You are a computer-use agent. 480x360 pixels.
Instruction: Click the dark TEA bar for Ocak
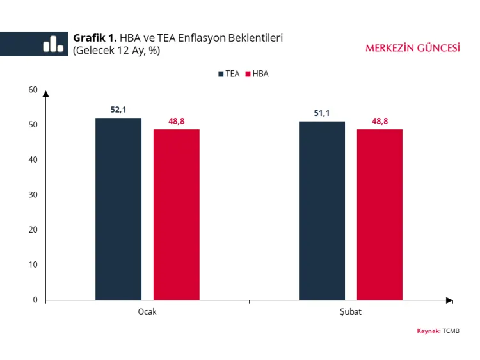(118, 209)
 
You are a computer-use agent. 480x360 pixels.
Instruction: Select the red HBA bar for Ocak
(176, 215)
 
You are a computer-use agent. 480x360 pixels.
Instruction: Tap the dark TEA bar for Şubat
(322, 211)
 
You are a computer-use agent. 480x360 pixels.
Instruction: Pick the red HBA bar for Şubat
(380, 215)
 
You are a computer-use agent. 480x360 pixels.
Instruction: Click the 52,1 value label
(118, 110)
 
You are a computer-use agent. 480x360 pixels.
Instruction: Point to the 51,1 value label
(322, 113)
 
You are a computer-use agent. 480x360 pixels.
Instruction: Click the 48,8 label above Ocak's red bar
(177, 121)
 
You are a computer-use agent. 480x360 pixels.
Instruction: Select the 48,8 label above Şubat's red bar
(380, 121)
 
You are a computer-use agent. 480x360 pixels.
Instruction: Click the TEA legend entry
(228, 74)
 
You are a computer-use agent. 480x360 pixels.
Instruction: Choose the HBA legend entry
(257, 74)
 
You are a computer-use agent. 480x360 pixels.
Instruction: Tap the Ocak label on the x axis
(147, 311)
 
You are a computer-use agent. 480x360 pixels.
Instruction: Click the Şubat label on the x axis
(351, 311)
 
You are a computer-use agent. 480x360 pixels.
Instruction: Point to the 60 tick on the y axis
(33, 90)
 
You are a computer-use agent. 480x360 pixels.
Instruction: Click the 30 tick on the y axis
(33, 195)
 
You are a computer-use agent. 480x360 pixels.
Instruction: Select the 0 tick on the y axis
(35, 300)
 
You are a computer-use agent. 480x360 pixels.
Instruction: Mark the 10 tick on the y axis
(33, 265)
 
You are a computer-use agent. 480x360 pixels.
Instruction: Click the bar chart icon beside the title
(53, 44)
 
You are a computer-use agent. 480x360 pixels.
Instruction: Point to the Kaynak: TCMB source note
(438, 331)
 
